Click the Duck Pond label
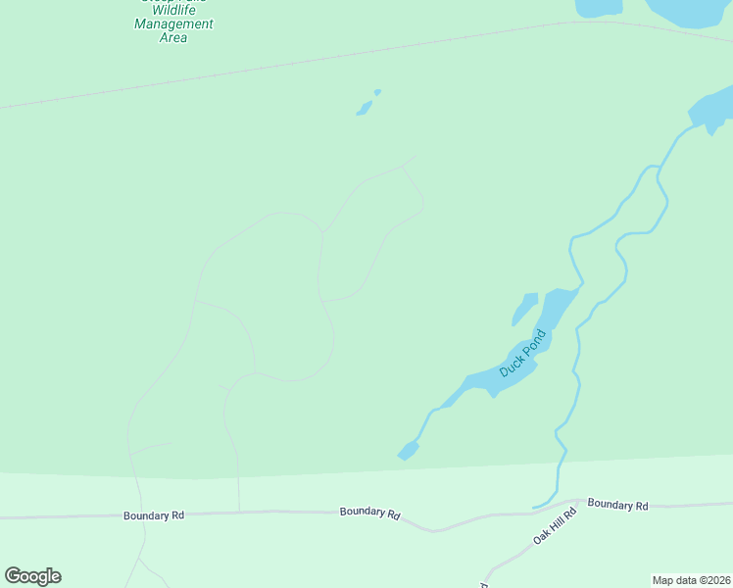pyautogui.click(x=521, y=355)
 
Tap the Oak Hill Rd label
pyautogui.click(x=555, y=525)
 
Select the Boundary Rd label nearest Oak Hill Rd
pyautogui.click(x=617, y=506)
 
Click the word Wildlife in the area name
pyautogui.click(x=173, y=11)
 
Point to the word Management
pyautogui.click(x=173, y=24)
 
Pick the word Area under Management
pyautogui.click(x=172, y=38)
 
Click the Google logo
pyautogui.click(x=33, y=576)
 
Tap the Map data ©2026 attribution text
pyautogui.click(x=691, y=580)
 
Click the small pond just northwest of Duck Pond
pyautogui.click(x=525, y=309)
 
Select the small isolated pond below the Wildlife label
pyautogui.click(x=366, y=107)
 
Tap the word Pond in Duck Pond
pyautogui.click(x=532, y=344)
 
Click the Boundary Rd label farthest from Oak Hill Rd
pyautogui.click(x=154, y=515)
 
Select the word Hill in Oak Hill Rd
pyautogui.click(x=555, y=525)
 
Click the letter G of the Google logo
pyautogui.click(x=14, y=575)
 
